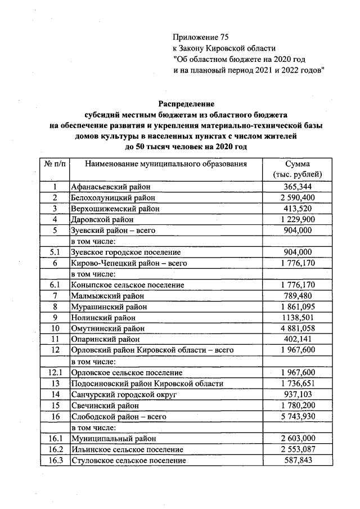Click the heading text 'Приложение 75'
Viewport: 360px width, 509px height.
click(201, 38)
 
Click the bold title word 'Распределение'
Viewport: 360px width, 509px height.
click(186, 104)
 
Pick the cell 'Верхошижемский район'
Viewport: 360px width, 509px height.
click(114, 209)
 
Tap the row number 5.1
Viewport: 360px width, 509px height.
click(55, 252)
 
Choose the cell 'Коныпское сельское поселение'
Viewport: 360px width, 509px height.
click(126, 285)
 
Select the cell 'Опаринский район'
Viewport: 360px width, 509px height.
click(105, 339)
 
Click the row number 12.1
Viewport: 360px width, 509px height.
click(55, 372)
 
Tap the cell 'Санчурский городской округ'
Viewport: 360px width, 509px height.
click(122, 394)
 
